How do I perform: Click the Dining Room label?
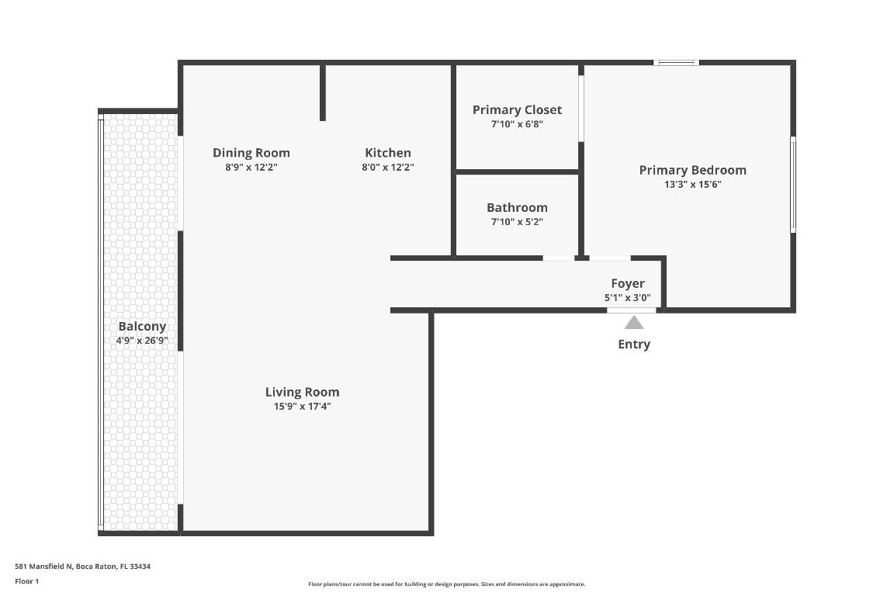[251, 153]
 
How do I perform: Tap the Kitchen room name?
[388, 153]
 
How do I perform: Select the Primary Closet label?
[517, 110]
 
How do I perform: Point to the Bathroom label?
[517, 207]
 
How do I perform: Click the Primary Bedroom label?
[692, 170]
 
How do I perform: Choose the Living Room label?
[302, 392]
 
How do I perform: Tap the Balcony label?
[142, 327]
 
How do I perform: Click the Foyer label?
[627, 283]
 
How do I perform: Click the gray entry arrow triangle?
[634, 323]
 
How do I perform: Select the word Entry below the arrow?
[634, 344]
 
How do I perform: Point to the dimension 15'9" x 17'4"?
[302, 407]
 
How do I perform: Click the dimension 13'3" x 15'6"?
[692, 185]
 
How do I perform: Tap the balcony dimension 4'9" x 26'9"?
[142, 341]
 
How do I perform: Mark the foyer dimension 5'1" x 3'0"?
[627, 297]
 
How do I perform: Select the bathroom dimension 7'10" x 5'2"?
[517, 222]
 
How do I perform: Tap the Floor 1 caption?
[26, 581]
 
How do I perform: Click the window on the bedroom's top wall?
[676, 62]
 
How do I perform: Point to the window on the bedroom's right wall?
[792, 185]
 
